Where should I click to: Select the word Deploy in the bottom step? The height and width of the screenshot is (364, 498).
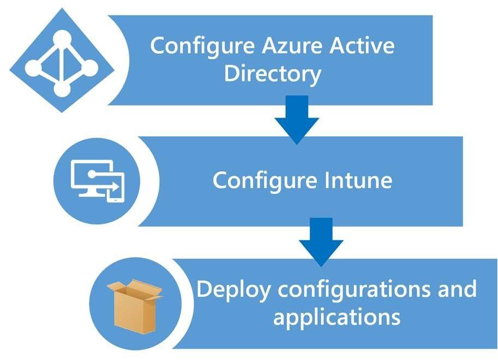click(233, 289)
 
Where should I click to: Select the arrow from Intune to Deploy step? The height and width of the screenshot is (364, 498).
click(321, 240)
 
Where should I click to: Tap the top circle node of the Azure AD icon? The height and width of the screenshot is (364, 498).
click(62, 39)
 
